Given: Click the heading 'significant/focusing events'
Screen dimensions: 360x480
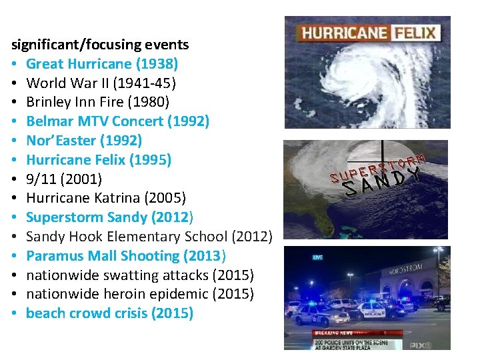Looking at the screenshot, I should tap(100, 45).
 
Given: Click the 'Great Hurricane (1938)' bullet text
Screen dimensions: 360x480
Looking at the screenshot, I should tap(102, 64).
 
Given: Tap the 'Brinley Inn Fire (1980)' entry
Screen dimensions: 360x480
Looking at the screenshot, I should tap(97, 103).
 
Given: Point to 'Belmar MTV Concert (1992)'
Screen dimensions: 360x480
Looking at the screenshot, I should tap(117, 121).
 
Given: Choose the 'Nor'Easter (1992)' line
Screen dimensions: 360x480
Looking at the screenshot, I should tap(84, 141).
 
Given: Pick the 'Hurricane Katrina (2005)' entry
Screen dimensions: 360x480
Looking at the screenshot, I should tap(106, 198).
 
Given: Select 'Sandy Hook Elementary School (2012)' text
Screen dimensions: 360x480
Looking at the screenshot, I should tap(149, 237).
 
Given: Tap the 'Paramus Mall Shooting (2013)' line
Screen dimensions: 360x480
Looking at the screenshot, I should tap(126, 256).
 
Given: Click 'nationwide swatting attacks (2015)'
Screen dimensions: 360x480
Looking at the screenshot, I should tap(140, 275).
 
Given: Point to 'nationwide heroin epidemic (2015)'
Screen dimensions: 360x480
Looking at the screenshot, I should tap(140, 294).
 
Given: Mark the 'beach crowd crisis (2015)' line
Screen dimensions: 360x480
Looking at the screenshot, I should tap(109, 313).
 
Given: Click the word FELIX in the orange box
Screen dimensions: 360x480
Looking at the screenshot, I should tap(414, 33).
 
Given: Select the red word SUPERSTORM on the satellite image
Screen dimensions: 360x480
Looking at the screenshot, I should tap(377, 167).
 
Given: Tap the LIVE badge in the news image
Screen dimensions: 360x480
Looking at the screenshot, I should tap(319, 256).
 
